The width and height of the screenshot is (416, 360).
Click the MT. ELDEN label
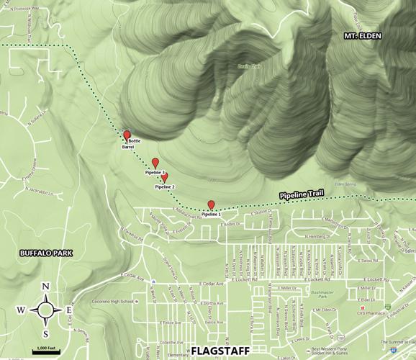click(x=362, y=35)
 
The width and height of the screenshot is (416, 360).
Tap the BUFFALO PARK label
click(x=42, y=253)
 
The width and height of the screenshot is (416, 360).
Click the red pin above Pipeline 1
click(x=211, y=204)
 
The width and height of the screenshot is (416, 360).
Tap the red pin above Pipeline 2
click(x=164, y=177)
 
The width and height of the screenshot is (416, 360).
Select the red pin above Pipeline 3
click(x=155, y=163)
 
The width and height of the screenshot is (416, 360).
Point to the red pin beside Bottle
click(x=127, y=135)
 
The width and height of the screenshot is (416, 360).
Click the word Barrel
click(x=128, y=147)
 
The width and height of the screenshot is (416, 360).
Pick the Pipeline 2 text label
click(x=164, y=187)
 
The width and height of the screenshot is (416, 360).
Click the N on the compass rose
click(x=45, y=287)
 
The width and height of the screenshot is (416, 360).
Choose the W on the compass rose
click(x=21, y=310)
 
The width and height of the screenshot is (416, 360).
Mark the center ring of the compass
click(x=45, y=310)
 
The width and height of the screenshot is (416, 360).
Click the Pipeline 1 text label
click(x=211, y=215)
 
